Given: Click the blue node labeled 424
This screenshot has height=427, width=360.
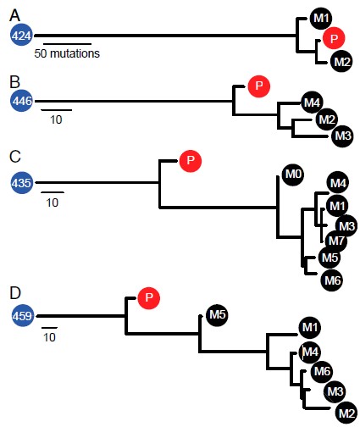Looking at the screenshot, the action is coord(22,36).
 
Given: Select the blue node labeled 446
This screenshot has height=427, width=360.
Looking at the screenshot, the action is coord(22,101).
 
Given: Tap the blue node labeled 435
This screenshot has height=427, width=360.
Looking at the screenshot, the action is coord(22,183).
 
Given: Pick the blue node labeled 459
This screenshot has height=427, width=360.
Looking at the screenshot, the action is coord(22,316).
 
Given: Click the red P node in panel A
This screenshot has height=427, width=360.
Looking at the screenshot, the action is coord(334,38).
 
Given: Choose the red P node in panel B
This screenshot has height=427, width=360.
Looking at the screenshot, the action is coord(259,86).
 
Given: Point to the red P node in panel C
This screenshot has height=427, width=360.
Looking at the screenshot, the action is coord(191,161).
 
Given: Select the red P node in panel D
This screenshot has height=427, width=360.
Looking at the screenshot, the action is coord(149,298).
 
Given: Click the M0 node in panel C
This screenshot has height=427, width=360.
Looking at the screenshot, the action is coord(293,175).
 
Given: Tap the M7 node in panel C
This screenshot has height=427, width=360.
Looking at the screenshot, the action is coord(336,241).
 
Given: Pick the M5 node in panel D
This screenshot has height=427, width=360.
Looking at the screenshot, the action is coord(217,315).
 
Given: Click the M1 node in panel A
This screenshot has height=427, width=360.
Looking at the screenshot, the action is coord(321,18).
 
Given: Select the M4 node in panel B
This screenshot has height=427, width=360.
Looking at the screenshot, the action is coord(312,103).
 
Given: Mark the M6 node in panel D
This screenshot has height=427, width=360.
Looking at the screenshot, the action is coord(322,371).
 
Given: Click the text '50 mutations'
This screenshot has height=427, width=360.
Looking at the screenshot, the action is coord(67,53).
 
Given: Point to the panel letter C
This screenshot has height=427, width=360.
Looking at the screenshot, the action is coord(15,157).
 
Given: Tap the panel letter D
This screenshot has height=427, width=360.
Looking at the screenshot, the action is coord(15,293).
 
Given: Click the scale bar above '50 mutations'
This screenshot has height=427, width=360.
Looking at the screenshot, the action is coord(67,44).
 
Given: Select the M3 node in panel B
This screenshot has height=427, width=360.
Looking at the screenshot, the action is coord(343,136).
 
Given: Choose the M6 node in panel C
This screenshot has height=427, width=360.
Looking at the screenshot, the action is coord(332,280).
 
